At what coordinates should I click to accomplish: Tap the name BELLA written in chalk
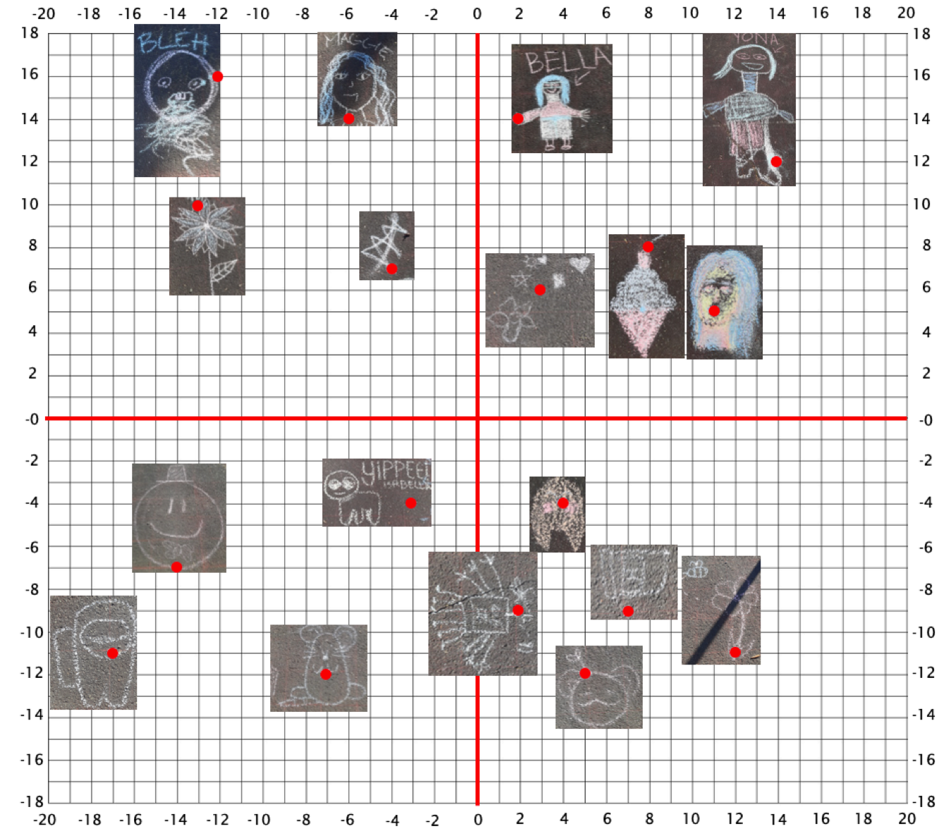[x=567, y=61]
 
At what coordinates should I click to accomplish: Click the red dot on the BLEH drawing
[x=218, y=76]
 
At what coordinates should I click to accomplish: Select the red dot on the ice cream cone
[x=648, y=247]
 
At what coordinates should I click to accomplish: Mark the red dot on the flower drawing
[x=198, y=205]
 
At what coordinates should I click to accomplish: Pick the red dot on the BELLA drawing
[x=518, y=119]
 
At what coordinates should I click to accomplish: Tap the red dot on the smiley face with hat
[x=176, y=567]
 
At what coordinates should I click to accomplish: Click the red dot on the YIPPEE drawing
[x=411, y=503]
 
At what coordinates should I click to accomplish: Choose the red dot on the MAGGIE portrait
[x=349, y=119]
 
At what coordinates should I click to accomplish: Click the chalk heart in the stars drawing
[x=579, y=265]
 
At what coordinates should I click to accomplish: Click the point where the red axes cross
[x=478, y=418]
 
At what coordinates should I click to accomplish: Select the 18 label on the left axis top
[x=30, y=33]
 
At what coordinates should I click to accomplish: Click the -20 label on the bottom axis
[x=44, y=819]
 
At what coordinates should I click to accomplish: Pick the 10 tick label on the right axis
[x=921, y=204]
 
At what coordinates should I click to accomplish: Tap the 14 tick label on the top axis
[x=777, y=13]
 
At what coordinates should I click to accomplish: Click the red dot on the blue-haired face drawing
[x=714, y=311]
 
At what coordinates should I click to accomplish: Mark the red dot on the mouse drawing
[x=325, y=674]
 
